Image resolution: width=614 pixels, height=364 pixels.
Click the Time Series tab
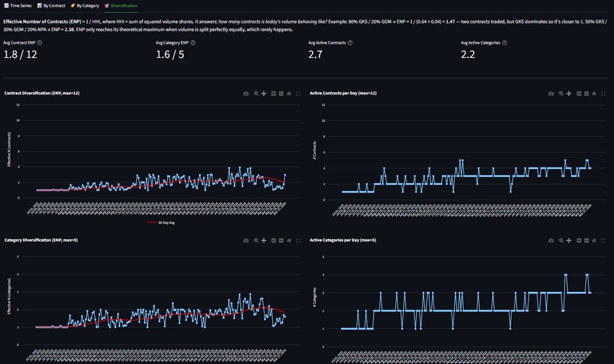(x=18, y=5)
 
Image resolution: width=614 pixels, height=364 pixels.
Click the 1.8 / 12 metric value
(x=20, y=54)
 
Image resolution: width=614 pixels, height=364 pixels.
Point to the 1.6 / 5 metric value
(x=170, y=54)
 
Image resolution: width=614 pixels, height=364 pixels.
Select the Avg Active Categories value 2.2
(x=468, y=54)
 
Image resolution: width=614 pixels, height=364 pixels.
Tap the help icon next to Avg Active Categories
(x=505, y=43)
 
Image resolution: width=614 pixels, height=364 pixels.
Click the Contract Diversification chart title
(x=41, y=94)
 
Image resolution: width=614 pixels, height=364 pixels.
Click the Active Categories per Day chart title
(x=343, y=240)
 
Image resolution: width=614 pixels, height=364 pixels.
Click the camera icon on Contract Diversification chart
(x=246, y=94)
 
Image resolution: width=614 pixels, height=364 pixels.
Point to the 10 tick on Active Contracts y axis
(x=322, y=121)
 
